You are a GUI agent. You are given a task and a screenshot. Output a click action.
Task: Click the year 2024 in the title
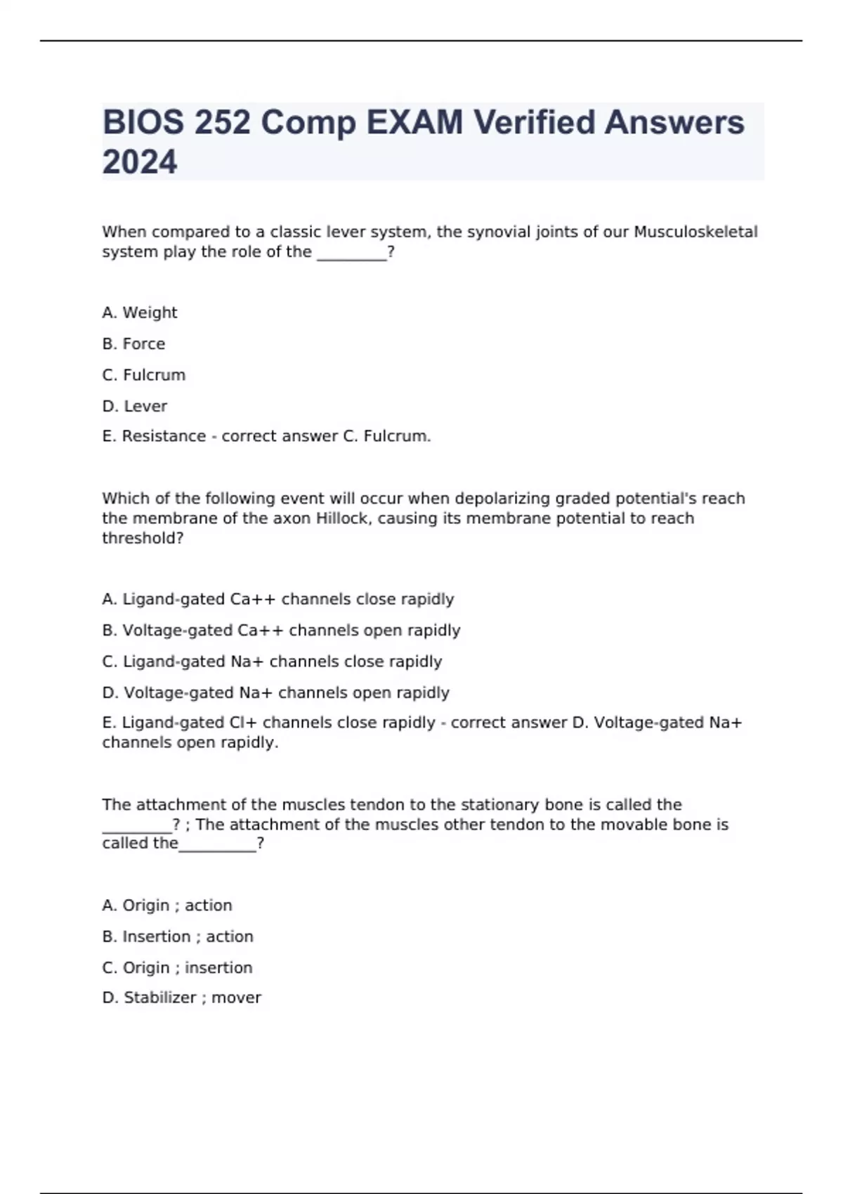pos(140,162)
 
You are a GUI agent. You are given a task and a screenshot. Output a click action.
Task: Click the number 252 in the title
pos(222,122)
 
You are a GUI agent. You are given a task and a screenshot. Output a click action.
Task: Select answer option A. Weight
pos(140,313)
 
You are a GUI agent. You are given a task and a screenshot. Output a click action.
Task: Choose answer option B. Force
pos(133,344)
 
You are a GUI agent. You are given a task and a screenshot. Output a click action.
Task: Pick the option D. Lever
pos(135,406)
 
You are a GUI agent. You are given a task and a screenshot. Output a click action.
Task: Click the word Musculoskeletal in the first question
pos(695,232)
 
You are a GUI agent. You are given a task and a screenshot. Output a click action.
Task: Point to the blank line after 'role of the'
pos(352,253)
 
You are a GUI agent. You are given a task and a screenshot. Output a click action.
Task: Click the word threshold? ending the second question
pos(143,538)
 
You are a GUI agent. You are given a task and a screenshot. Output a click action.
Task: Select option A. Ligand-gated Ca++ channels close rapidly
pos(278,599)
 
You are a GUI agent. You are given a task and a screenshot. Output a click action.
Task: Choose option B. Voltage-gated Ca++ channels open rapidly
pos(281,630)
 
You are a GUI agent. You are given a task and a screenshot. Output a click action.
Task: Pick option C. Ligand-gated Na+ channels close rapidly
pos(272,662)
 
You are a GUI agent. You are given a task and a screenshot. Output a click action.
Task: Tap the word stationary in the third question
pos(490,805)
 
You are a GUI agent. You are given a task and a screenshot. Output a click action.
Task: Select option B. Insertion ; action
pos(178,936)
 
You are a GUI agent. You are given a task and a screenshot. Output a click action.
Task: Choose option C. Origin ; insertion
pos(177,968)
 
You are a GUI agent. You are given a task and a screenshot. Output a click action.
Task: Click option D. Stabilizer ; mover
pos(181,997)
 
